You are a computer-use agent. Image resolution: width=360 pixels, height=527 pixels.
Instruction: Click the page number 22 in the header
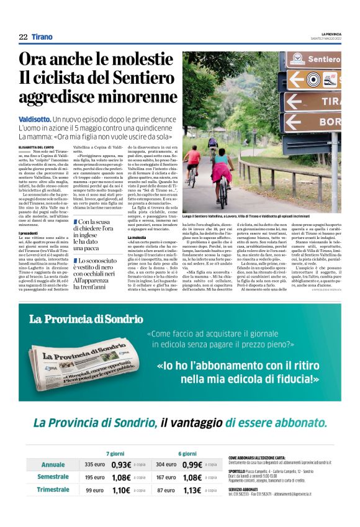[x=23, y=37]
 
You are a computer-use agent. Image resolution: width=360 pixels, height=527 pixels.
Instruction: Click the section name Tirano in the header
[x=42, y=37]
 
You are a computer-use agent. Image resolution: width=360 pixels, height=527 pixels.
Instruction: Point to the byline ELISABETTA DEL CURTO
[x=37, y=146]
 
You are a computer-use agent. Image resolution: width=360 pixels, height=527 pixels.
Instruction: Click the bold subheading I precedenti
[x=28, y=233]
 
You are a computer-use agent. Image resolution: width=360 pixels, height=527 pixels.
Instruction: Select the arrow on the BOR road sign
[x=299, y=122]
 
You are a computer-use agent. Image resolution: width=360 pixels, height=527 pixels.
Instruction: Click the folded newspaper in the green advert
[x=81, y=359]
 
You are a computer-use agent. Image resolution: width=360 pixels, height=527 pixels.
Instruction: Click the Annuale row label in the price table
[x=53, y=464]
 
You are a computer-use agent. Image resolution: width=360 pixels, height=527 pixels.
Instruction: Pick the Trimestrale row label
[x=53, y=490]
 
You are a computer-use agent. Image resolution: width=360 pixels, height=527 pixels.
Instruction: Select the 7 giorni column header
[x=116, y=453]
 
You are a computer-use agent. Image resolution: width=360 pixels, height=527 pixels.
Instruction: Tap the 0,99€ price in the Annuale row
[x=193, y=464]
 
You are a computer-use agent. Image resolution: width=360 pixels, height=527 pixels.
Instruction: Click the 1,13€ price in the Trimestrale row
[x=193, y=490]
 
